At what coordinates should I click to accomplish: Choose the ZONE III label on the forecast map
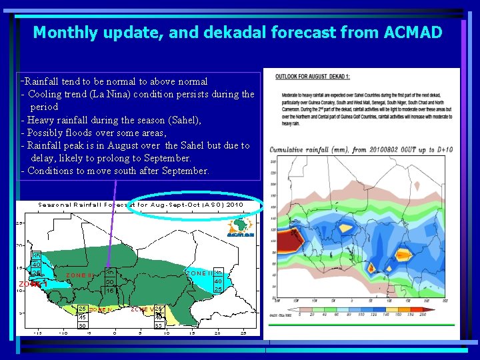click(81, 275)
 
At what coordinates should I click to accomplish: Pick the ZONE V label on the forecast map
click(142, 309)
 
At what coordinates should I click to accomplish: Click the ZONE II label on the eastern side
click(199, 273)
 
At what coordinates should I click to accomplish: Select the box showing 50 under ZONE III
click(110, 282)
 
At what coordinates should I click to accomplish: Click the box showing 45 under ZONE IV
click(83, 317)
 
